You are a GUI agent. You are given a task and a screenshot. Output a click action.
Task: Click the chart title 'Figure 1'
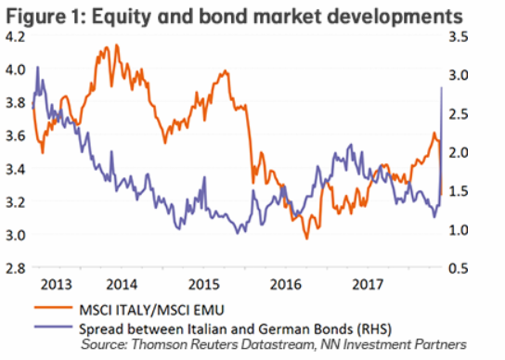coord(43,16)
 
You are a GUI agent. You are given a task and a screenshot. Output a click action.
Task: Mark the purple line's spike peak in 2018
coord(440,87)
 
